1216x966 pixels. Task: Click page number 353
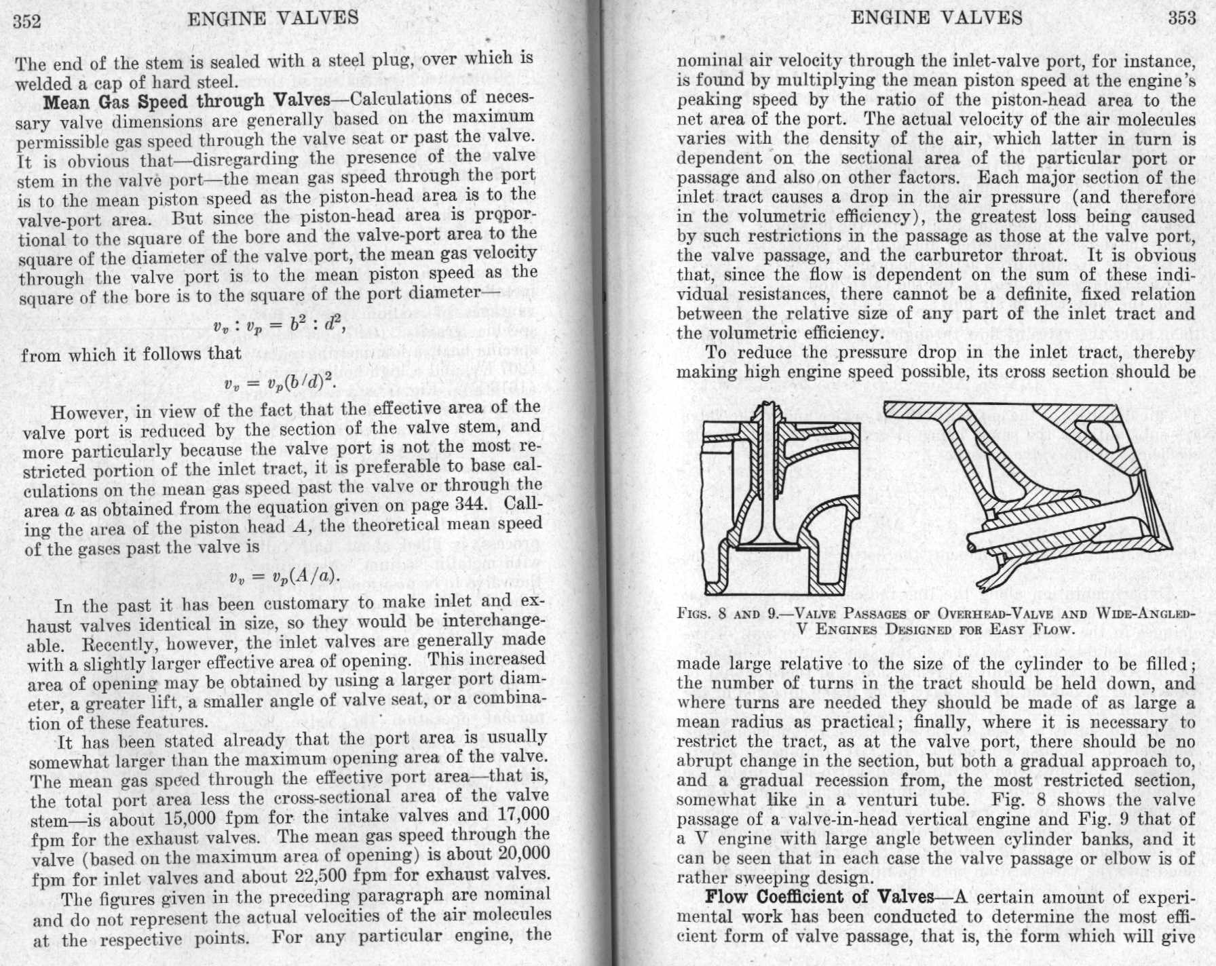[1181, 18]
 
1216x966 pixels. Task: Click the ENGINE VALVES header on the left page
[272, 18]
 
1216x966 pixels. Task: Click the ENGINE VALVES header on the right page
[936, 18]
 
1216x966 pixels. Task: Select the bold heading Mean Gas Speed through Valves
[186, 102]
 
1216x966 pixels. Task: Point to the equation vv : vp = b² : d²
[279, 328]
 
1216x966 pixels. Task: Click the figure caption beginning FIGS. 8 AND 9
[936, 621]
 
